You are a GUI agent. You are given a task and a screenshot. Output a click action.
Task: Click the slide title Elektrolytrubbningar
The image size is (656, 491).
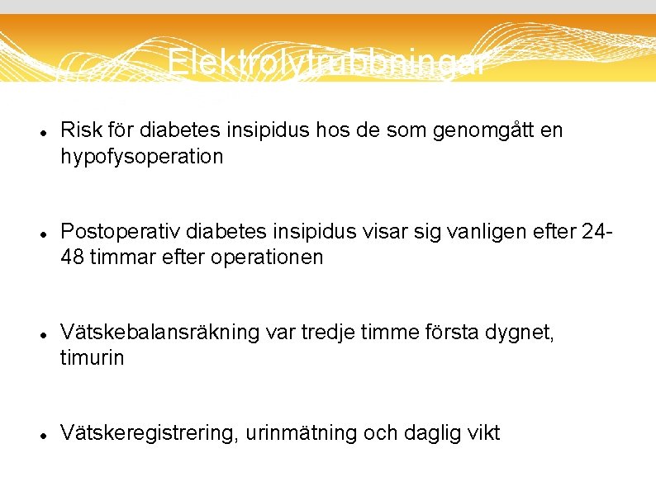(327, 63)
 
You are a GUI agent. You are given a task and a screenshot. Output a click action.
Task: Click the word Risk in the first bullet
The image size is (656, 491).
(79, 130)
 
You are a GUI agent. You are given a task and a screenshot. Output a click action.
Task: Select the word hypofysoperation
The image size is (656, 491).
(141, 157)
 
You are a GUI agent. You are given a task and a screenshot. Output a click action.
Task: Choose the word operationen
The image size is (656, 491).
(268, 257)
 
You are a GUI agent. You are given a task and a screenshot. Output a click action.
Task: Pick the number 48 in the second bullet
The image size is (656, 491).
(72, 257)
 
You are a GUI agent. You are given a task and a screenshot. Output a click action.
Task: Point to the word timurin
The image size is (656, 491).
(92, 358)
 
